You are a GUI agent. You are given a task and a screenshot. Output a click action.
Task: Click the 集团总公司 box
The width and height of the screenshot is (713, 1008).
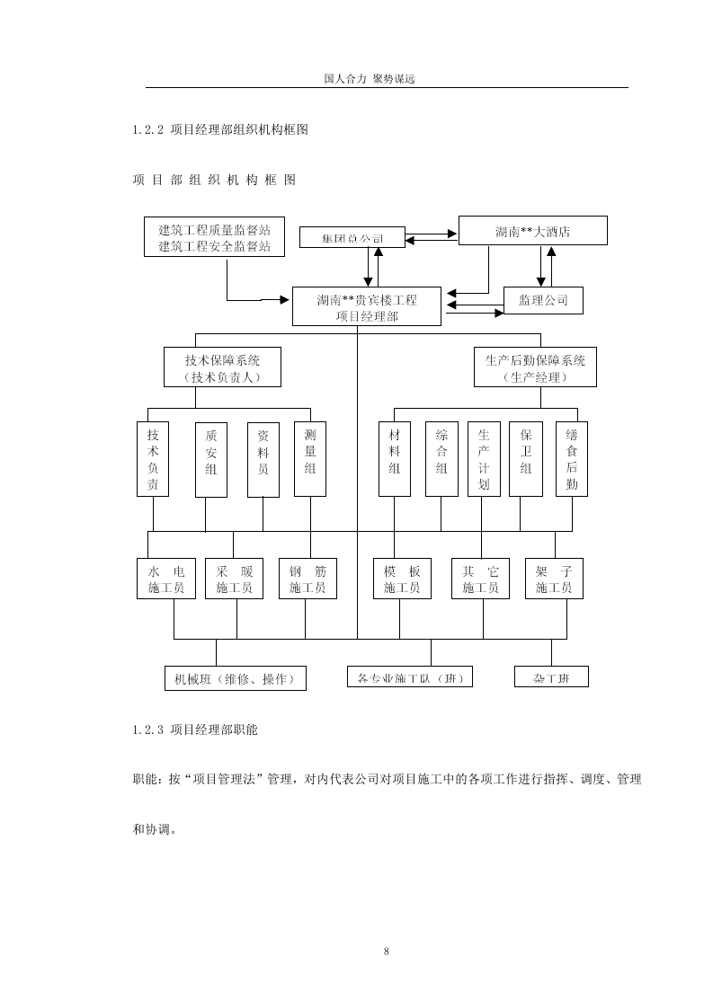pos(352,238)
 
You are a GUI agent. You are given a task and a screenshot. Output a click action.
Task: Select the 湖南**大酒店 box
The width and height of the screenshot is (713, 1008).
pos(532,231)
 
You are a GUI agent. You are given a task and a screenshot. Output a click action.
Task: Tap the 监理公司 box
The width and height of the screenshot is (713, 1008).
pos(543,300)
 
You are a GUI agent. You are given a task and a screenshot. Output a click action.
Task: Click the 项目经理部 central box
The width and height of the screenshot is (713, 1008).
pos(366,307)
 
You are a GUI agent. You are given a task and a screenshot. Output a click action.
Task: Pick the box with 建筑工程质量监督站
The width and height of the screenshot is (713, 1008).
pos(214,237)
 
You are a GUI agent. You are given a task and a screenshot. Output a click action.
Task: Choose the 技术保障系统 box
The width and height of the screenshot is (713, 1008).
pos(221,368)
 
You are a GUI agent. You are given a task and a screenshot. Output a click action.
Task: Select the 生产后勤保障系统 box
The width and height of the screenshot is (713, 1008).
pos(535,368)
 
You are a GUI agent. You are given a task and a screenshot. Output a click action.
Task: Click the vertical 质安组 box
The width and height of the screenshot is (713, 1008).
pos(210,458)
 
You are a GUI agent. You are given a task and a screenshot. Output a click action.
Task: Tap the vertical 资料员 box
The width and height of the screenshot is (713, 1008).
pos(263,458)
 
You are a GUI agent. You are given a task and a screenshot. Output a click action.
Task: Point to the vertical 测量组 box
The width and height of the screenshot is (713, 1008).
pos(310,458)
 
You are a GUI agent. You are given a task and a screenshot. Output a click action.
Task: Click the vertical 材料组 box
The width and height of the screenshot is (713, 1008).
pos(394,458)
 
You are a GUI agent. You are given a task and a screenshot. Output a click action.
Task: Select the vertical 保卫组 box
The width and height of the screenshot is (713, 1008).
pos(525,458)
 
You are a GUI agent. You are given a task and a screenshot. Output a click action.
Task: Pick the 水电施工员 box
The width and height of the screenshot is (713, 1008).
pos(166,579)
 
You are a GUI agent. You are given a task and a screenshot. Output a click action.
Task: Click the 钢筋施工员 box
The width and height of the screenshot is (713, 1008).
pos(307,579)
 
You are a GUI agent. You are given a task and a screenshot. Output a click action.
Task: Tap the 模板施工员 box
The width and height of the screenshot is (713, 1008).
pos(402,579)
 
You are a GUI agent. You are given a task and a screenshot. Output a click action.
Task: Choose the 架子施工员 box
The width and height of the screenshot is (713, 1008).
pos(554,579)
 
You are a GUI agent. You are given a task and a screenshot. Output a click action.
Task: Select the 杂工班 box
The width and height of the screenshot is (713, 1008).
pos(551,676)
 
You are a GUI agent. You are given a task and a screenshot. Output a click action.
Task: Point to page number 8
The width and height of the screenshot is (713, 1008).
pos(386,951)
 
